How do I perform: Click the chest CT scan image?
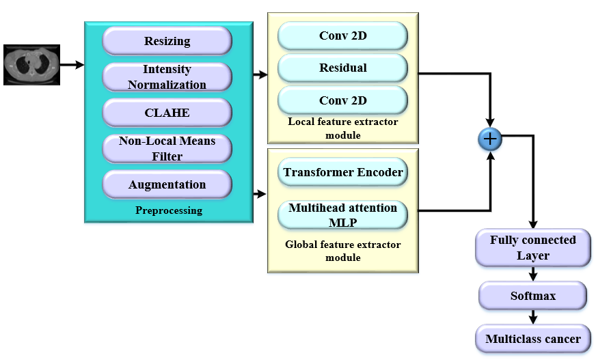pyautogui.click(x=31, y=65)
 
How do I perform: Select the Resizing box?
pyautogui.click(x=167, y=41)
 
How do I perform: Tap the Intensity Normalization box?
pyautogui.click(x=167, y=77)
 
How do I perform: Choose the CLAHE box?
pyautogui.click(x=167, y=112)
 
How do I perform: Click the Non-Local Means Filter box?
pyautogui.click(x=167, y=148)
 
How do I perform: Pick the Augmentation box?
pyautogui.click(x=167, y=184)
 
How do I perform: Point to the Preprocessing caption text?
pyautogui.click(x=168, y=210)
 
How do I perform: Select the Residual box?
pyautogui.click(x=342, y=68)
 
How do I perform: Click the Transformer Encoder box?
pyautogui.click(x=342, y=172)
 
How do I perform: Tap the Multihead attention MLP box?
pyautogui.click(x=342, y=214)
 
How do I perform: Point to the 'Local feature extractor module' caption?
pyautogui.click(x=342, y=128)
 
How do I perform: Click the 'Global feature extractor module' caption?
pyautogui.click(x=342, y=251)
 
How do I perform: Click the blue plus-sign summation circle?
pyautogui.click(x=490, y=140)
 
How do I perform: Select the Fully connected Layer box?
pyautogui.click(x=532, y=248)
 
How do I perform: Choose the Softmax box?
pyautogui.click(x=532, y=296)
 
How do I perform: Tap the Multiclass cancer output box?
pyautogui.click(x=532, y=339)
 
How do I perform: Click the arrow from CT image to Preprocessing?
pyautogui.click(x=72, y=65)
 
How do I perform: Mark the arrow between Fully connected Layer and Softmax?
pyautogui.click(x=532, y=275)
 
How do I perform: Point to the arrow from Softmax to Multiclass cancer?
pyautogui.click(x=532, y=317)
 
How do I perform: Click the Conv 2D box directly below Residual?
pyautogui.click(x=342, y=101)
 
